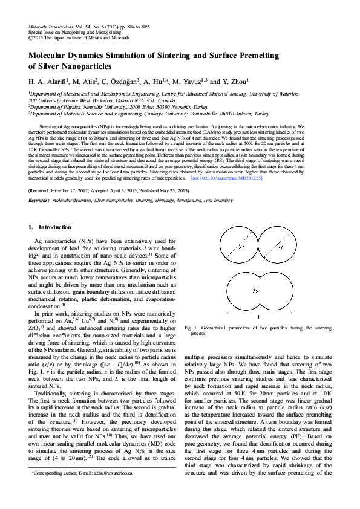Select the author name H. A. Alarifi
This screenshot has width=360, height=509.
[x=49, y=80]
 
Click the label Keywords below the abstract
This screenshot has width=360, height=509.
[x=39, y=183]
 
